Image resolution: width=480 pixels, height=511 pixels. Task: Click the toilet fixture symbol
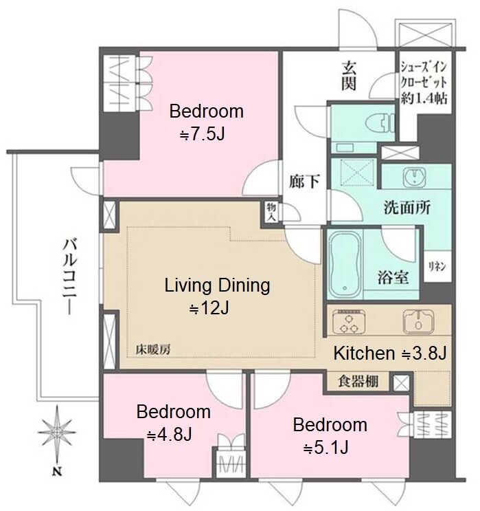click(x=380, y=123)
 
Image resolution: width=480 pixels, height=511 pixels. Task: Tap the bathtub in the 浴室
click(x=345, y=265)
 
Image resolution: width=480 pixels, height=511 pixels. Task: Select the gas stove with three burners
click(x=349, y=322)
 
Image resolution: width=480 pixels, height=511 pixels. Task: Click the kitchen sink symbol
click(x=418, y=322)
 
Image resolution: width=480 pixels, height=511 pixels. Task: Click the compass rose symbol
click(x=57, y=433)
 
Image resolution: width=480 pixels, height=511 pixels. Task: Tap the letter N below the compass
click(x=57, y=471)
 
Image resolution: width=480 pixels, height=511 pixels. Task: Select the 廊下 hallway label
click(x=304, y=181)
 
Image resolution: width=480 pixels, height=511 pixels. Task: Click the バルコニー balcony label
click(x=70, y=276)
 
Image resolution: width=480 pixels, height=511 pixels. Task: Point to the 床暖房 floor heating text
click(x=153, y=349)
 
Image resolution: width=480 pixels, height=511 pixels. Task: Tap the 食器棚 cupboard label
click(x=358, y=380)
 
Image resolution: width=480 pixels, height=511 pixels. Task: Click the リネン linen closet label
click(x=437, y=267)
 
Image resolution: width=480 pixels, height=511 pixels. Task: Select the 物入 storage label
click(x=271, y=212)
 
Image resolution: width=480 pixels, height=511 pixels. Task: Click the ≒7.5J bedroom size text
click(x=202, y=134)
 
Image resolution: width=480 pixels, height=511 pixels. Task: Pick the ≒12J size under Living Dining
click(x=209, y=307)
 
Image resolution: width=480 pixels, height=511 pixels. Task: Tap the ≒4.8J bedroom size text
click(x=169, y=435)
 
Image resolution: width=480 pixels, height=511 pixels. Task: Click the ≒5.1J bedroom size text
click(x=326, y=448)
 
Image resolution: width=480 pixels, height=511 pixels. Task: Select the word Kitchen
click(x=364, y=353)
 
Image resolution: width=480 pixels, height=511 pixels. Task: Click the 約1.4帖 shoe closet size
click(x=424, y=98)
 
